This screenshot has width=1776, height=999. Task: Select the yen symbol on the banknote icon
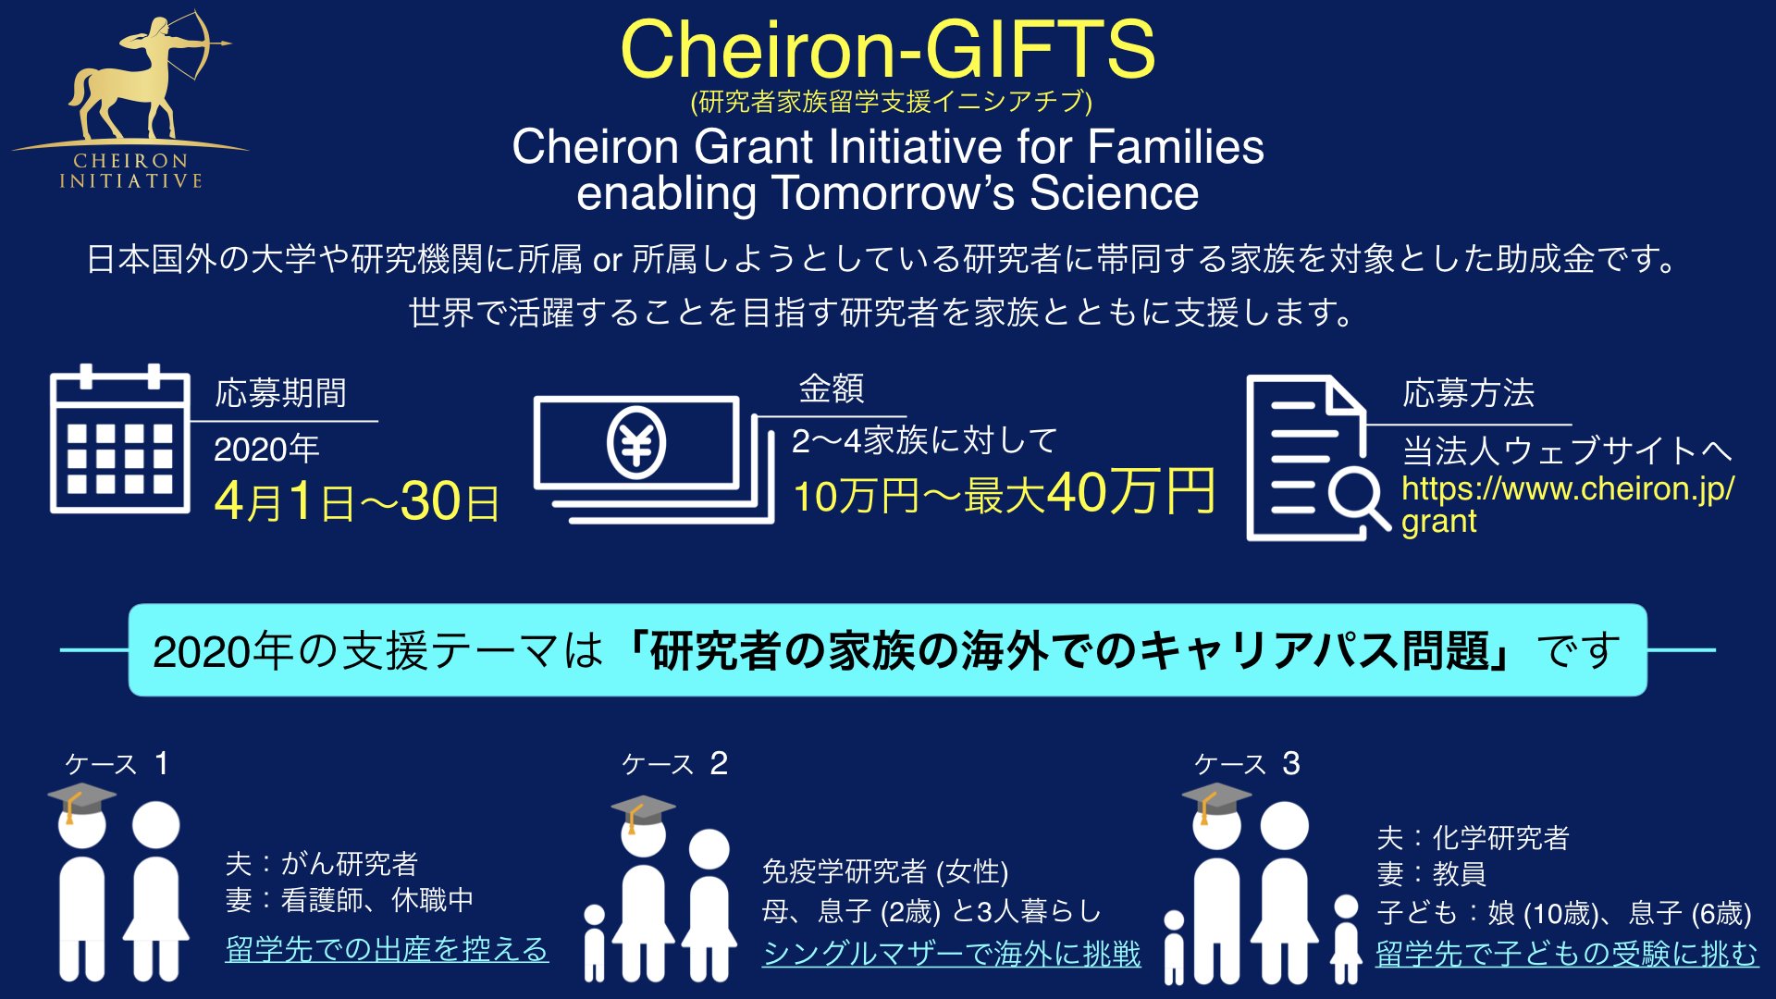636,443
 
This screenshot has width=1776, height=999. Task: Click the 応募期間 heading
281,393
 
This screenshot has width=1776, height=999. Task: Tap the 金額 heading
832,388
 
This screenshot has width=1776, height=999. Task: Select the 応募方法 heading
1469,393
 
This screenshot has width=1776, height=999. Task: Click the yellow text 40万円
1131,491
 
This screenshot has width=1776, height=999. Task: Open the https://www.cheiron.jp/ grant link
1567,505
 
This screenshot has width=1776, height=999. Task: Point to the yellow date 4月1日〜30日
357,502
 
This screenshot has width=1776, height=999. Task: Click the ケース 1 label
117,764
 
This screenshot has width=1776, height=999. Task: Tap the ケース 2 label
675,764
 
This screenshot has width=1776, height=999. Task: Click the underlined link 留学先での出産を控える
387,950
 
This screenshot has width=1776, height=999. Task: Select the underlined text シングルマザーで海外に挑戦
952,954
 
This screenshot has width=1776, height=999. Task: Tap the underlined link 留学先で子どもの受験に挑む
1567,954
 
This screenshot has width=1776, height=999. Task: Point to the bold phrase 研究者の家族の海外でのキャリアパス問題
1071,651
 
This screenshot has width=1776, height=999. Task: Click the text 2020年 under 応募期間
266,450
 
